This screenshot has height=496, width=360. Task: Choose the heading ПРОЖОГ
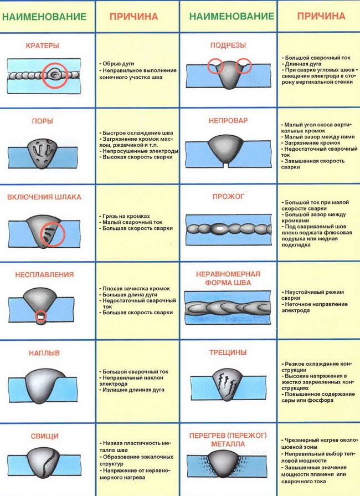tap(228, 197)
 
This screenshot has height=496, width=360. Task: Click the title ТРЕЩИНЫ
tap(229, 352)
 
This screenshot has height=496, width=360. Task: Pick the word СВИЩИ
tap(49, 436)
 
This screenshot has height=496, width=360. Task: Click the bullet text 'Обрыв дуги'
tap(118, 64)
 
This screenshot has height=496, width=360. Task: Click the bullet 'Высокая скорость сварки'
tap(136, 157)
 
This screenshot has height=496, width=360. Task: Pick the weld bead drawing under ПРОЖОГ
tap(229, 227)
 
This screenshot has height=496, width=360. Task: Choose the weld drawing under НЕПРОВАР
tap(228, 150)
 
